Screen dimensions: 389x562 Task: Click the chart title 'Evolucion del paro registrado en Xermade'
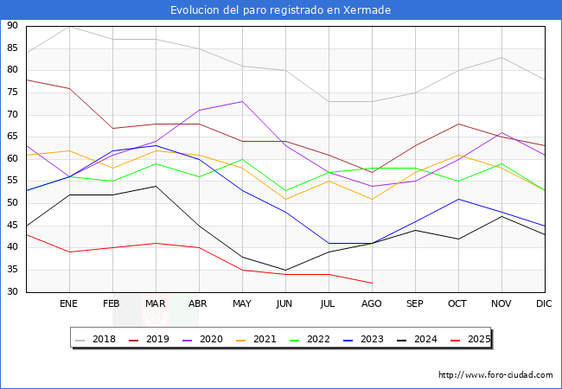[280, 10]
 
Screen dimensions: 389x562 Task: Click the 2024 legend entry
[421, 339]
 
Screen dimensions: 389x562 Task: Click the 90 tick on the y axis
[12, 26]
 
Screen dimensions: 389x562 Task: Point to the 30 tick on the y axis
[12, 292]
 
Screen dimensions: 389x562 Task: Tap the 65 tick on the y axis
[12, 137]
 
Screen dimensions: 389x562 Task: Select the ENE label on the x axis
[68, 304]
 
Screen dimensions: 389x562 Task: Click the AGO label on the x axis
[371, 304]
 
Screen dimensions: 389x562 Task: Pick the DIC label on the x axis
[544, 304]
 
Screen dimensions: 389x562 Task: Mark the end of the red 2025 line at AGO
[373, 283]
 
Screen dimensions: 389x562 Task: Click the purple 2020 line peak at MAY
[242, 101]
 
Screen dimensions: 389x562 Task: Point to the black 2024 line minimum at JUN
[285, 270]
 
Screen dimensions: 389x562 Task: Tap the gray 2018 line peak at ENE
[69, 26]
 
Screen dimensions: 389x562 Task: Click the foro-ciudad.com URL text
[495, 375]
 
